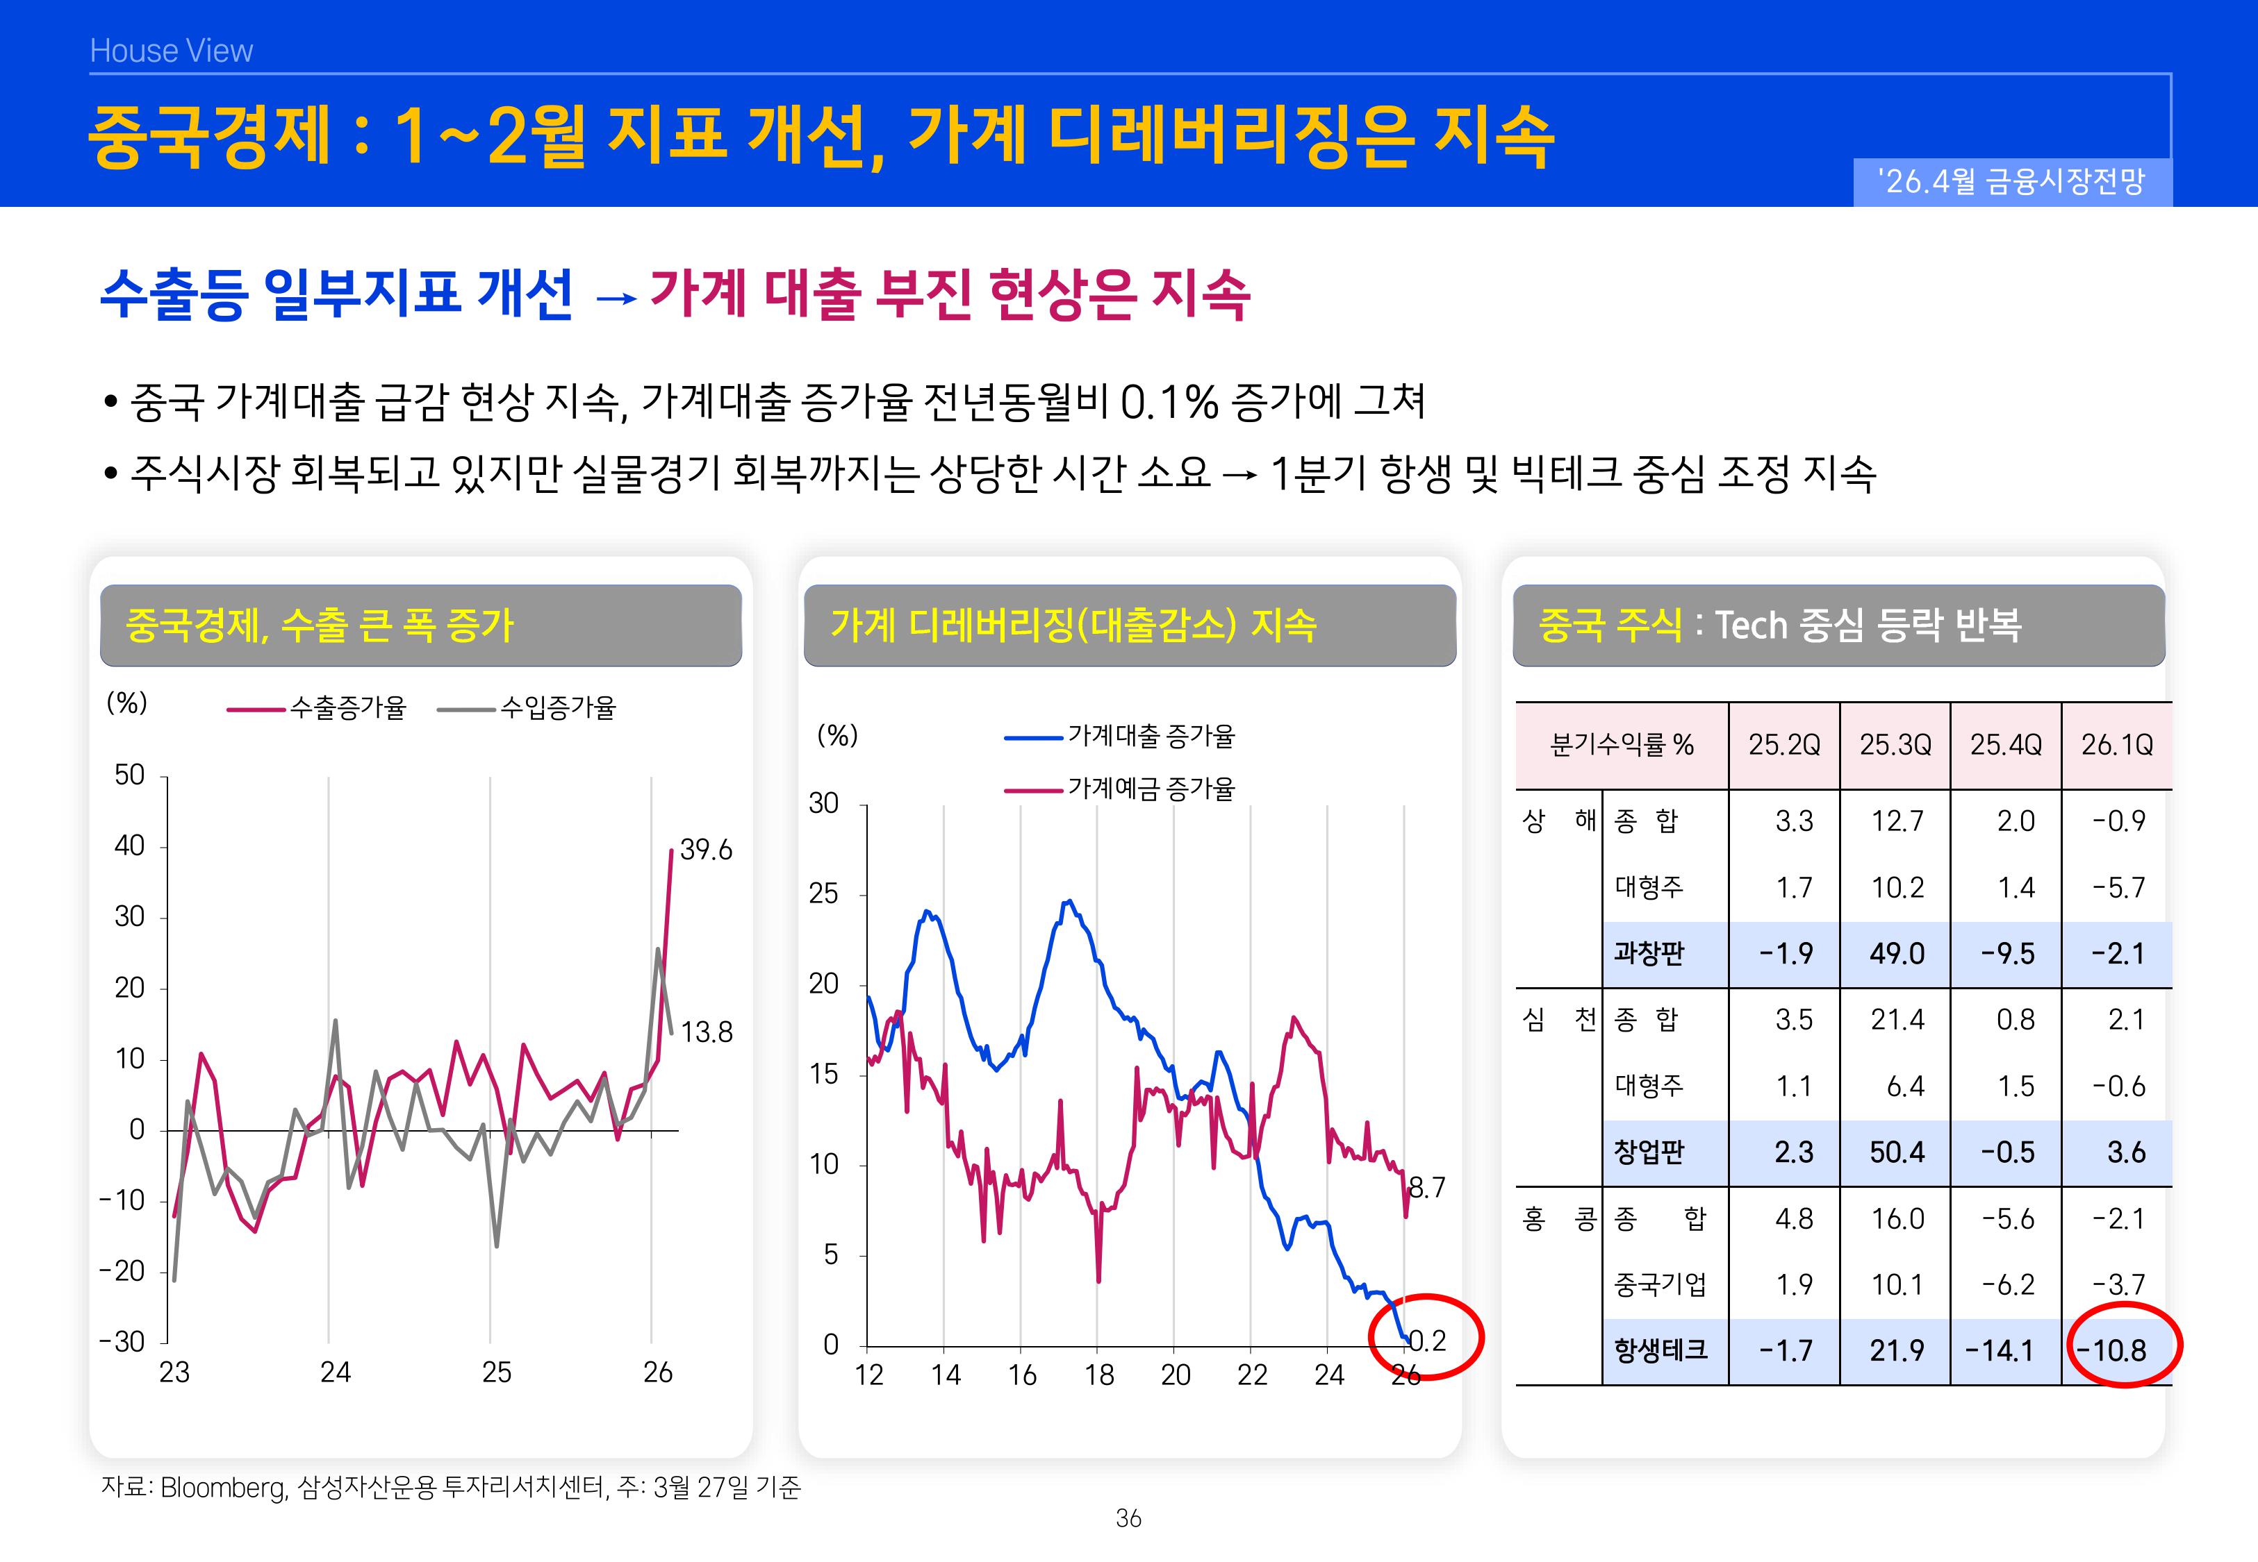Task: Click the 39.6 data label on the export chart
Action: click(x=705, y=850)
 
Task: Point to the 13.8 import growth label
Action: click(x=705, y=1032)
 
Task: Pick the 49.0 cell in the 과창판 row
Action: click(x=1897, y=953)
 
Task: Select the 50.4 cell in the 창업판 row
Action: click(x=1897, y=1152)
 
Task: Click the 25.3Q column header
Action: click(x=1895, y=745)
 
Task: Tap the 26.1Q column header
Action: click(x=2116, y=745)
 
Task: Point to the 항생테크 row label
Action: click(x=1660, y=1350)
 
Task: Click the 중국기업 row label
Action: click(x=1660, y=1284)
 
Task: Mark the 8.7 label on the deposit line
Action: click(x=1426, y=1188)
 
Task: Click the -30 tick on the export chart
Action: click(x=122, y=1342)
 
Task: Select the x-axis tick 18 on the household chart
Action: click(x=1098, y=1375)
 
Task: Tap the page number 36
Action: click(x=1128, y=1519)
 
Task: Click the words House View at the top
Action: click(x=172, y=50)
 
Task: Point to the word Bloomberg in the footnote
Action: click(x=222, y=1488)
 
